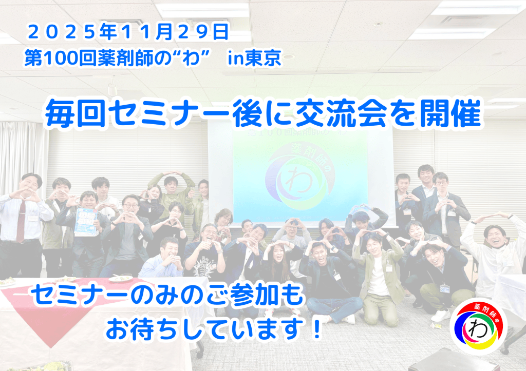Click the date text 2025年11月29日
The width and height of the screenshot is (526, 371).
(128, 32)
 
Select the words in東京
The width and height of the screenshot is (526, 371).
(254, 58)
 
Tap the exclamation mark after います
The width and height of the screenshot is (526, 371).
(315, 329)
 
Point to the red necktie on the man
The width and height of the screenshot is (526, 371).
(21, 221)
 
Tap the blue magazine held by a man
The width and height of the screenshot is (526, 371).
(86, 222)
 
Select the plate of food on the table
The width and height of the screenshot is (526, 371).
(120, 278)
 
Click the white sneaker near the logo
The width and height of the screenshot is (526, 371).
(440, 315)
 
